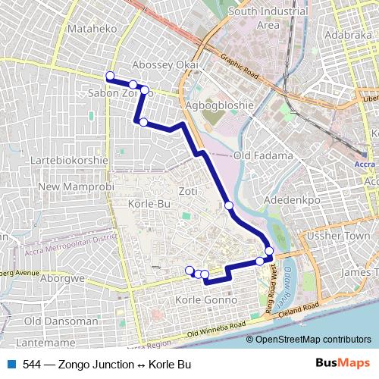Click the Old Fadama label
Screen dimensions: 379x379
263,155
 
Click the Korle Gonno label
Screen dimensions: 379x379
205,301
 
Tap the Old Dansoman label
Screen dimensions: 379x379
61,321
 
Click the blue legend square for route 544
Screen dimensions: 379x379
11,365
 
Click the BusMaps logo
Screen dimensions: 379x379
343,364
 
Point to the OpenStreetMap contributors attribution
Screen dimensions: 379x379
313,339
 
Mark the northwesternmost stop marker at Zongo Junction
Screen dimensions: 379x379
110,76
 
